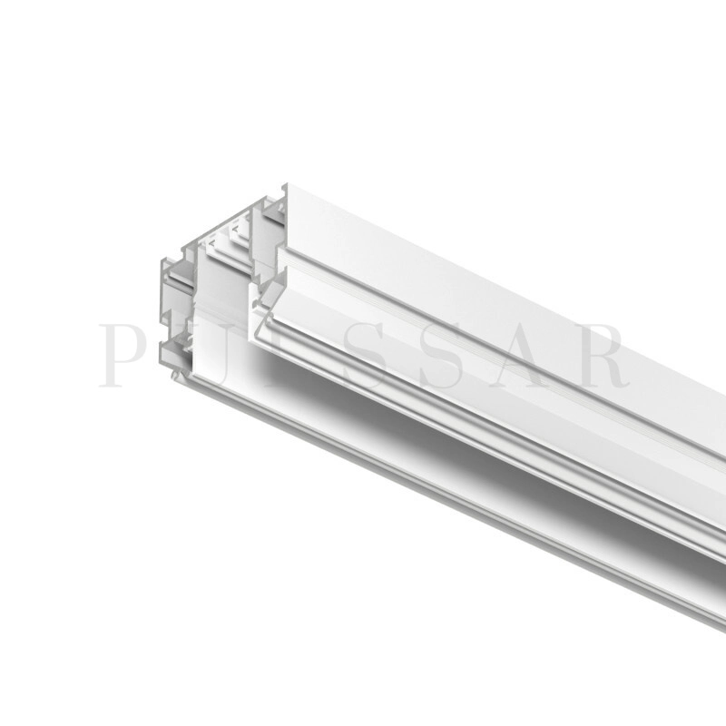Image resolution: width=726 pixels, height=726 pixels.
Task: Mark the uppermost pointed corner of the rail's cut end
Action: pos(285,186)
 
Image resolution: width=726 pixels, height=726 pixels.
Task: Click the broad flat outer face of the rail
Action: pos(508,299)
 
